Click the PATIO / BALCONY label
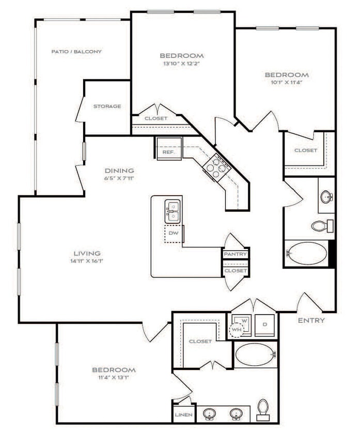(x=76, y=52)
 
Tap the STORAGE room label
(x=107, y=106)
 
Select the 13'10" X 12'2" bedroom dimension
(x=181, y=65)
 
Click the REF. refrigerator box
(x=168, y=152)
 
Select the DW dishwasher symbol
(x=174, y=233)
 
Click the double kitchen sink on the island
(x=173, y=211)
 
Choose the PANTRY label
(x=236, y=254)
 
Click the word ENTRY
(x=311, y=320)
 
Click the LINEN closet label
(x=184, y=415)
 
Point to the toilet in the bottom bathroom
(x=263, y=408)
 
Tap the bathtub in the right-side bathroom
(x=307, y=254)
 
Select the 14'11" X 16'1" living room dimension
(x=87, y=262)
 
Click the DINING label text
(x=120, y=170)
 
